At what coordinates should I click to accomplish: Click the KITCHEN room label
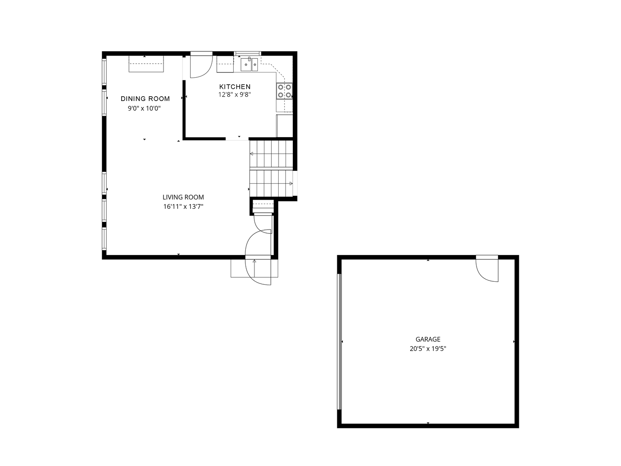(235, 87)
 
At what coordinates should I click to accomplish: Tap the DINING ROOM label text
(145, 99)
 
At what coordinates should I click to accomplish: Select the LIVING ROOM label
(183, 197)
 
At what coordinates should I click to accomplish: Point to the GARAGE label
(428, 339)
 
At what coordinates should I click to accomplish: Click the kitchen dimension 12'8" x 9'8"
(235, 94)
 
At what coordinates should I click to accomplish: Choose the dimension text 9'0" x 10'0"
(144, 108)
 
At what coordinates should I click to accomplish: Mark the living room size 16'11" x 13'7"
(183, 207)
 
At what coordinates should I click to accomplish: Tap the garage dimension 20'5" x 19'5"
(428, 349)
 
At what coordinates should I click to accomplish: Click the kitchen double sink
(249, 65)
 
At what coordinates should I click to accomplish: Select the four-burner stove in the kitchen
(284, 91)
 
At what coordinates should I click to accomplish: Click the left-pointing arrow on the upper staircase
(251, 154)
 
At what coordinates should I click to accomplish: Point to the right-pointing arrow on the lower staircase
(291, 184)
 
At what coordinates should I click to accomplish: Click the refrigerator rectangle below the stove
(285, 126)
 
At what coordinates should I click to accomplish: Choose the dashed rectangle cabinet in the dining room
(146, 64)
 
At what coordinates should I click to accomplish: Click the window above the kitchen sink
(248, 54)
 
